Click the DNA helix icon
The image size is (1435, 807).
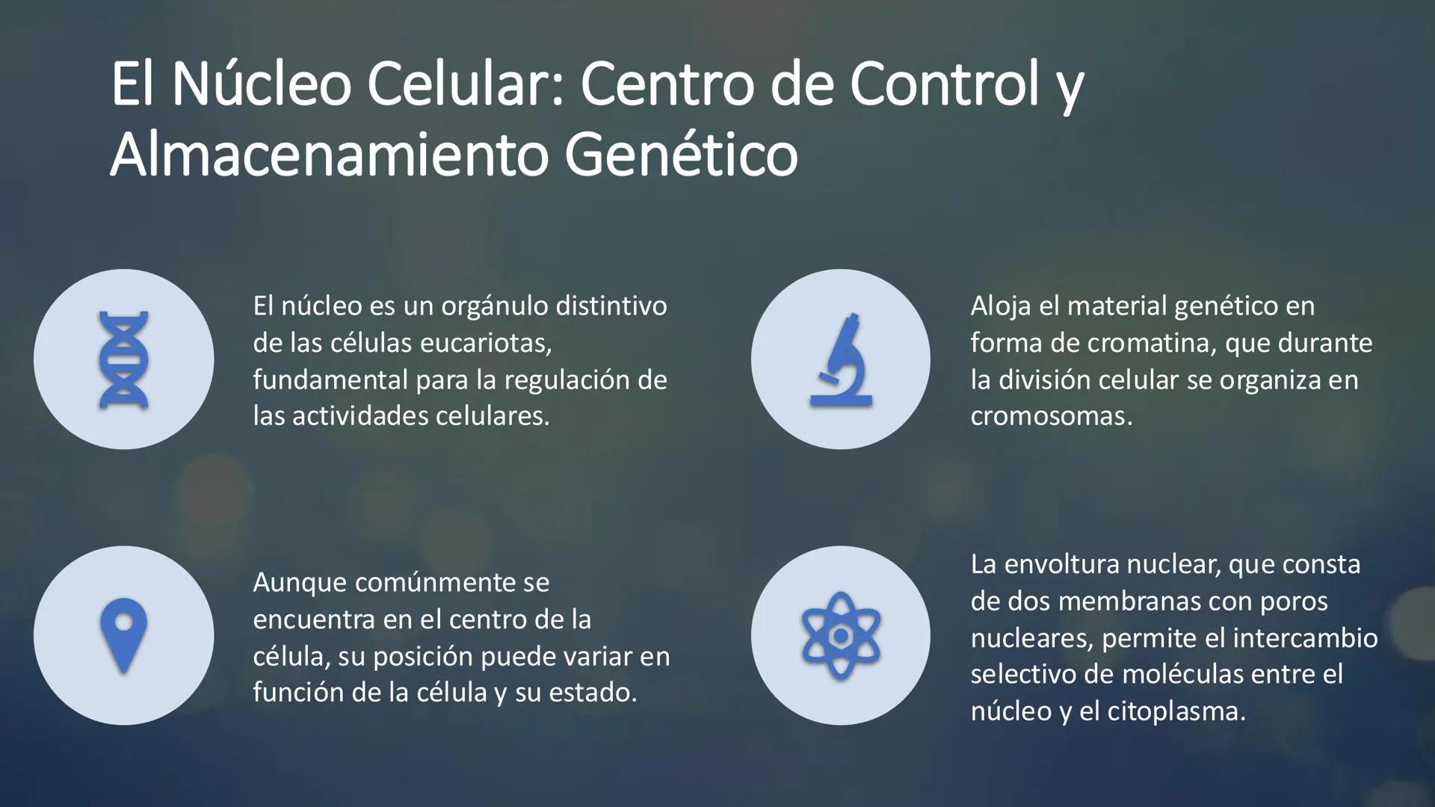pos(123,359)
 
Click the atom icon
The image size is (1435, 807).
pos(841,636)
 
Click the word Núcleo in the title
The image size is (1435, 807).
pos(261,84)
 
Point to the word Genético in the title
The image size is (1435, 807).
pos(681,155)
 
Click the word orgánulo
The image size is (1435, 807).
pos(494,306)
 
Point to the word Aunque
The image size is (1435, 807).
pos(297,582)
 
